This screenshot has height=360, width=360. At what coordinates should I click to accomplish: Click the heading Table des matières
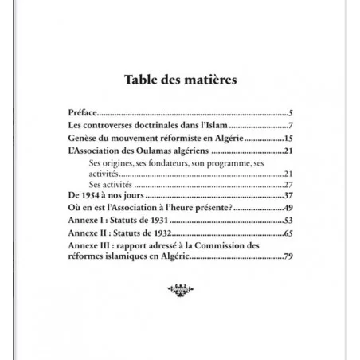coord(180,80)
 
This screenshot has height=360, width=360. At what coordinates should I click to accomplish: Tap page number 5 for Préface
coord(292,114)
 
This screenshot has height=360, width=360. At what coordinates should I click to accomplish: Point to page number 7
coord(292,126)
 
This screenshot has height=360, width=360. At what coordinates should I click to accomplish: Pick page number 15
coord(289,138)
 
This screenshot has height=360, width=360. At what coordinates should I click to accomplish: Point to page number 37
coord(289,196)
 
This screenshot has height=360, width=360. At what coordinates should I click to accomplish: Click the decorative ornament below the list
coord(181,288)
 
